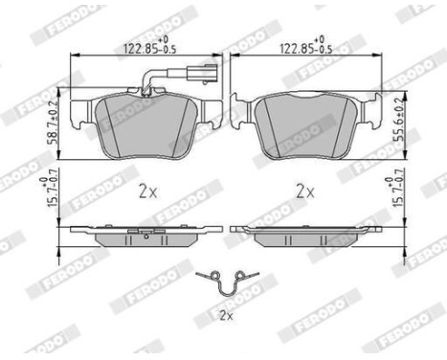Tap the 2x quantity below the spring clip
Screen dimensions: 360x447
pos(226,312)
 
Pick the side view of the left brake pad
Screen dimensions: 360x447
pos(145,231)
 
